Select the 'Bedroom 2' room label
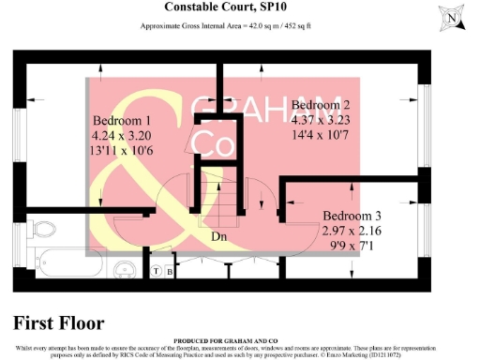322,105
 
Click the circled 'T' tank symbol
156,272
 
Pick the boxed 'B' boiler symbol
170,272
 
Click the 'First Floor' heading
58,322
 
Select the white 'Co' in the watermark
212,145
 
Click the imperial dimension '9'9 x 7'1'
350,245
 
